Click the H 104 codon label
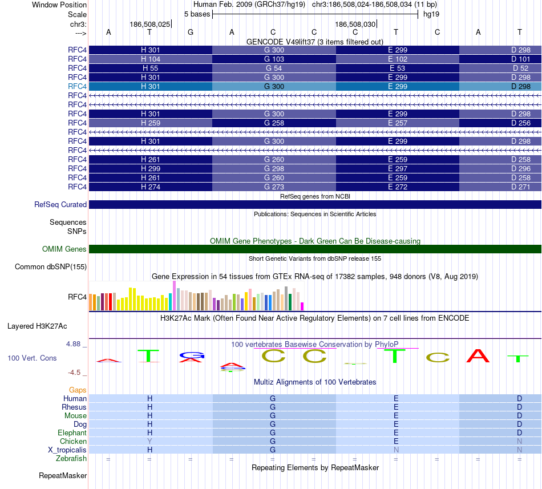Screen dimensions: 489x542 coord(151,59)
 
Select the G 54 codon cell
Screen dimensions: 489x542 coord(274,68)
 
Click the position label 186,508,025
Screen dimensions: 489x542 coord(149,25)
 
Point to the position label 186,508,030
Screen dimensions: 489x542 coord(355,25)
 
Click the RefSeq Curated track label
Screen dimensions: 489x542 coord(60,204)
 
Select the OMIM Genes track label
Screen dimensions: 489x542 coord(64,249)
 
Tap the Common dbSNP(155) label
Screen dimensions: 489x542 coord(51,266)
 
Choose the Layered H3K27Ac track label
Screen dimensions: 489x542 coord(37,326)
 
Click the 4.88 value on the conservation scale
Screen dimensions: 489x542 coord(74,344)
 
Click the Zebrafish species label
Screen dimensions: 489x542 coord(71,458)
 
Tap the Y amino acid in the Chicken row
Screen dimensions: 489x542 coord(150,441)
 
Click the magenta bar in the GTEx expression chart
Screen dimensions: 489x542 coord(302,306)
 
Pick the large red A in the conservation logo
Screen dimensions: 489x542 coord(478,356)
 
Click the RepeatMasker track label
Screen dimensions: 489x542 coord(63,475)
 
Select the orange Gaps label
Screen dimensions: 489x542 coord(78,390)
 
